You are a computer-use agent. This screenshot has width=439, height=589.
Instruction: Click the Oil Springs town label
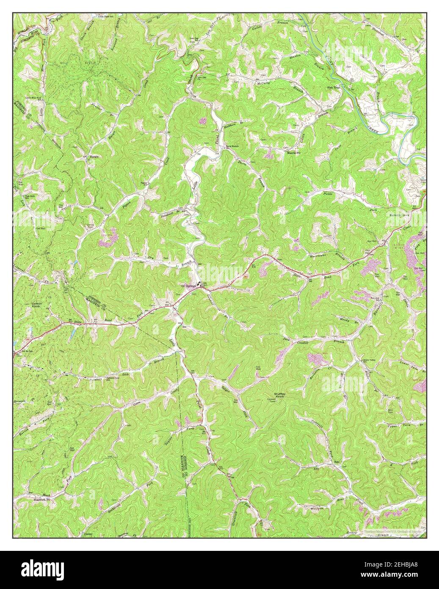tap(189, 285)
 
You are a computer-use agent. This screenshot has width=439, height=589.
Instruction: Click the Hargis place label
tap(94, 156)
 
